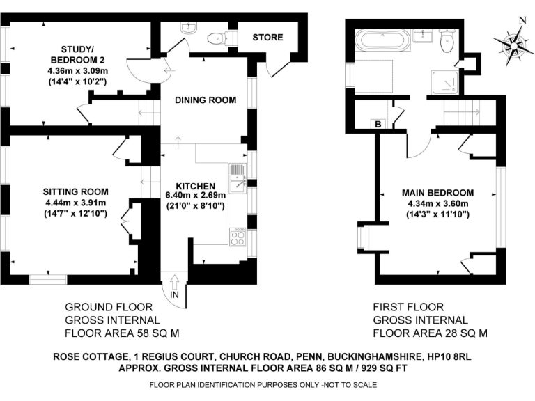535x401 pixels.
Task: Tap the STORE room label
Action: (x=267, y=37)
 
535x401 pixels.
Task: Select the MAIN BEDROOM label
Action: (x=437, y=193)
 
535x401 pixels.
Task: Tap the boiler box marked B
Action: (x=378, y=124)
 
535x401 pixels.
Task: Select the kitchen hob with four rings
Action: (x=238, y=237)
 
